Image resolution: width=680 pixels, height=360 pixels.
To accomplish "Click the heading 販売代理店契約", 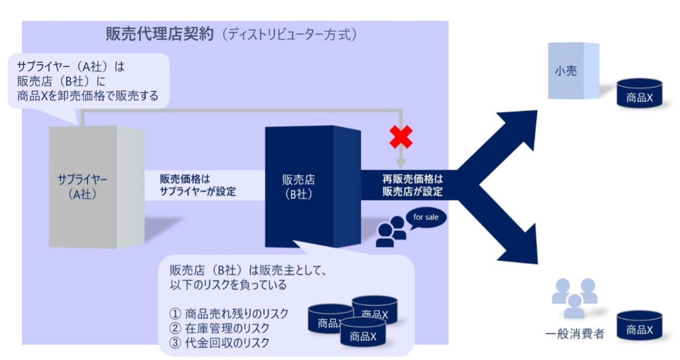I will click(160, 34).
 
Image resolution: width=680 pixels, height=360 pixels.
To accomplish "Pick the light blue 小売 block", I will click(573, 70).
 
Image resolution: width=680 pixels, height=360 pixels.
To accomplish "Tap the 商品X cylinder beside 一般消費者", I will click(639, 326).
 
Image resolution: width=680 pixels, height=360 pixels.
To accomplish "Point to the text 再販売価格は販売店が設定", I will click(412, 185).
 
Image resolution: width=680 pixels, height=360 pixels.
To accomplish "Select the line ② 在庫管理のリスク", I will click(220, 328).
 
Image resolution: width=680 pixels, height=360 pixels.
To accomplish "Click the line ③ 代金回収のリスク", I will click(220, 343).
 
